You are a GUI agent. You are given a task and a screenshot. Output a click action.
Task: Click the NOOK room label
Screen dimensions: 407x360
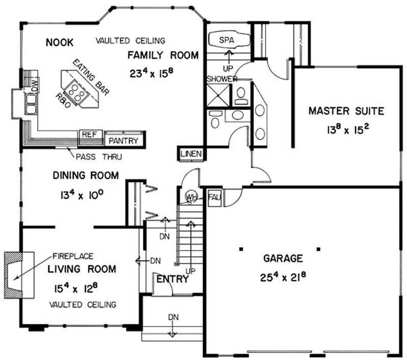point(60,42)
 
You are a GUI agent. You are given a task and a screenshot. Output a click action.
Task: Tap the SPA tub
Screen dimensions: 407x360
point(228,40)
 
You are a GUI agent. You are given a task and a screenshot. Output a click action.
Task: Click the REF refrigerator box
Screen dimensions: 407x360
point(90,137)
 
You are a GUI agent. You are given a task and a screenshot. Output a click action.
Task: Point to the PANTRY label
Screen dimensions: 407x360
point(123,140)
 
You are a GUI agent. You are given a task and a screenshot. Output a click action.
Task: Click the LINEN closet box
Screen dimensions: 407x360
point(191,154)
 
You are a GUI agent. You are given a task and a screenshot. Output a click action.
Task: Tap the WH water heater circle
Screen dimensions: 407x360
point(191,197)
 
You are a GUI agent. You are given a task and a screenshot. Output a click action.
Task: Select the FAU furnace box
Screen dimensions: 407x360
point(214,198)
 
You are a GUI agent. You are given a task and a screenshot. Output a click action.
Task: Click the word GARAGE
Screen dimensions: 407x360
point(283,258)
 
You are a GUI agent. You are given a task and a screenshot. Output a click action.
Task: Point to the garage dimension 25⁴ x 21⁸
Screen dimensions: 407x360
point(283,277)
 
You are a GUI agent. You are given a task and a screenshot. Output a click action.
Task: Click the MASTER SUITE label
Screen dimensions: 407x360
point(346,111)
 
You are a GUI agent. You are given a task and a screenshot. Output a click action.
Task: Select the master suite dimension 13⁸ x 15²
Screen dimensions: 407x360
point(348,129)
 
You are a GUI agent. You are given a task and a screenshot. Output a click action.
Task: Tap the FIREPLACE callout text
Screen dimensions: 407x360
point(73,256)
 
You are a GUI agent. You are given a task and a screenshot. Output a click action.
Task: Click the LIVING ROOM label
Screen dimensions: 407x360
point(82,269)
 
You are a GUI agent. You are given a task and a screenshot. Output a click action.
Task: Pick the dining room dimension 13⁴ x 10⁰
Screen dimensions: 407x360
point(82,195)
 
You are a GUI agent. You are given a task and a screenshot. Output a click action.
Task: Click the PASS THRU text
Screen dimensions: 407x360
point(99,157)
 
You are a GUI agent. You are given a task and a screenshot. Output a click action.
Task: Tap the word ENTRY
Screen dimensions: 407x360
point(172,279)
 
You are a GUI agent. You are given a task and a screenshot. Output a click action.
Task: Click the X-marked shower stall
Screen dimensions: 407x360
point(218,95)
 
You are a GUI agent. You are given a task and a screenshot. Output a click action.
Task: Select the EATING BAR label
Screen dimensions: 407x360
point(91,77)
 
